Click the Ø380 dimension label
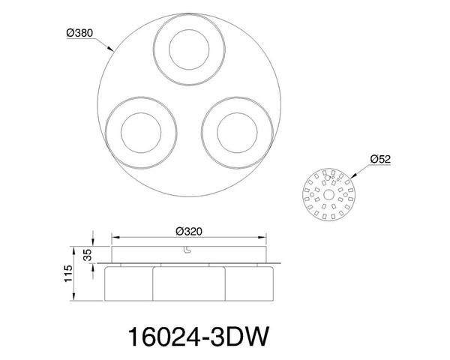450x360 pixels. coord(79,33)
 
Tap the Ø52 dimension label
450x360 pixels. coord(380,159)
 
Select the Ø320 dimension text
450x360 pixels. coord(189,232)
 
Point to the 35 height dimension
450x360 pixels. coord(89,255)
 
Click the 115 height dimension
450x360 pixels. coord(68,274)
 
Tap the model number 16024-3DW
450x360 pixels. coord(199,337)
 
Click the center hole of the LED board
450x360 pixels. coord(328,195)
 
